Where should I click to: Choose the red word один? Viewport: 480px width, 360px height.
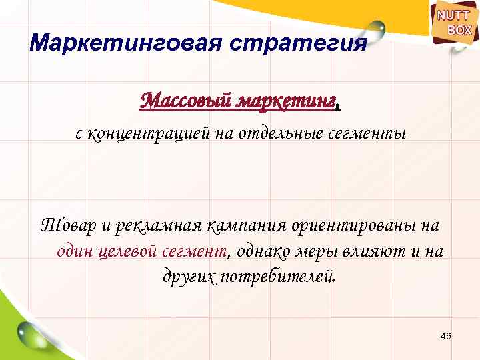(74, 251)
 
